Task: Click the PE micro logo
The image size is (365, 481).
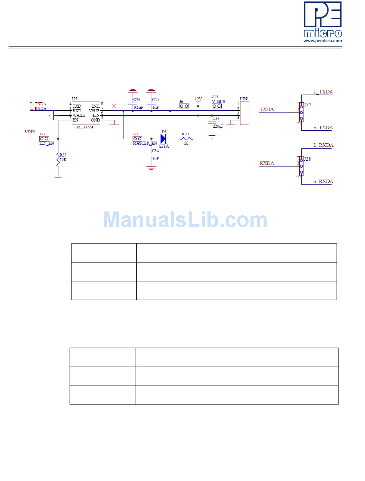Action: [x=322, y=20]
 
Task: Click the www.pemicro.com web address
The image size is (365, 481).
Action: [x=322, y=40]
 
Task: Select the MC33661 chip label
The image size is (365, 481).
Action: [x=85, y=126]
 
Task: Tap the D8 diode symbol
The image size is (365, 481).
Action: [x=163, y=138]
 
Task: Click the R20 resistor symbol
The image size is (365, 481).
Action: [x=186, y=138]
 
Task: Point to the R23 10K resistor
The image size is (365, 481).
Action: [x=58, y=159]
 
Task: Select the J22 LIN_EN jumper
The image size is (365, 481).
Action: [x=44, y=138]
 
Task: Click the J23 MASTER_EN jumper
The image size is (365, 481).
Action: [x=137, y=138]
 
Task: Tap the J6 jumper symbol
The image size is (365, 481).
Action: [x=184, y=106]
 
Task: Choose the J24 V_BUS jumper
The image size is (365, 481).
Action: [x=217, y=106]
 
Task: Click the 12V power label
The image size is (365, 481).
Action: [x=198, y=99]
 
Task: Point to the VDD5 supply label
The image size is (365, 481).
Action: [x=30, y=132]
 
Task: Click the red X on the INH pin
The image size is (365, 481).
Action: [x=114, y=106]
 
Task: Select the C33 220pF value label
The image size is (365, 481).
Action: [x=218, y=126]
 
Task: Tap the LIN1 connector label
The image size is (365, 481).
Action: [x=244, y=99]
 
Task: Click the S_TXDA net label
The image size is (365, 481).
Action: [x=323, y=128]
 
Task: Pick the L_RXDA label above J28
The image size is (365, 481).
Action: [x=323, y=145]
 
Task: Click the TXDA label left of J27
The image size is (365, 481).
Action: [x=267, y=110]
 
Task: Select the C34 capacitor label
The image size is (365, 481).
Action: [x=155, y=151]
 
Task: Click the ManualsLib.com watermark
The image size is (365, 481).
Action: [x=185, y=220]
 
